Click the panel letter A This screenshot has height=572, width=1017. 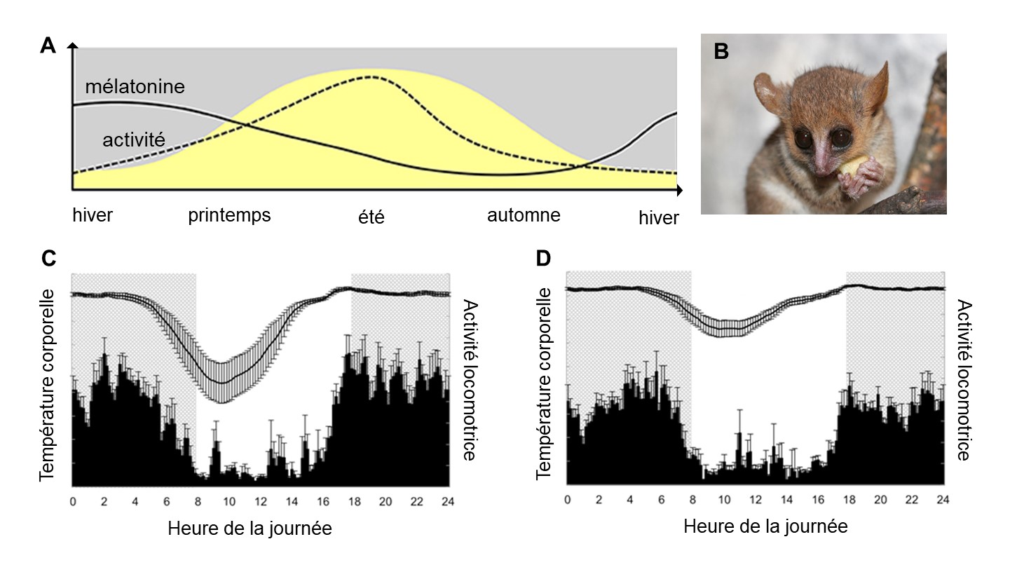click(48, 46)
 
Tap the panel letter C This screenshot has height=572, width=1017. click(48, 259)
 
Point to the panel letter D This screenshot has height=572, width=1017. click(544, 259)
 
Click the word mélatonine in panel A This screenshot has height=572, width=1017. click(135, 87)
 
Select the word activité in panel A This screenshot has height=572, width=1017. click(134, 139)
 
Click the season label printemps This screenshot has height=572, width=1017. click(229, 214)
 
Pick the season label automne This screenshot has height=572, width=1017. click(524, 214)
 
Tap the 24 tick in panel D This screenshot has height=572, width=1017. click(943, 500)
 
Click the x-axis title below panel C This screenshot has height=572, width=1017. click(250, 529)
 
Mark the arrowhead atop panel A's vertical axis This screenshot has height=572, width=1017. click(72, 46)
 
